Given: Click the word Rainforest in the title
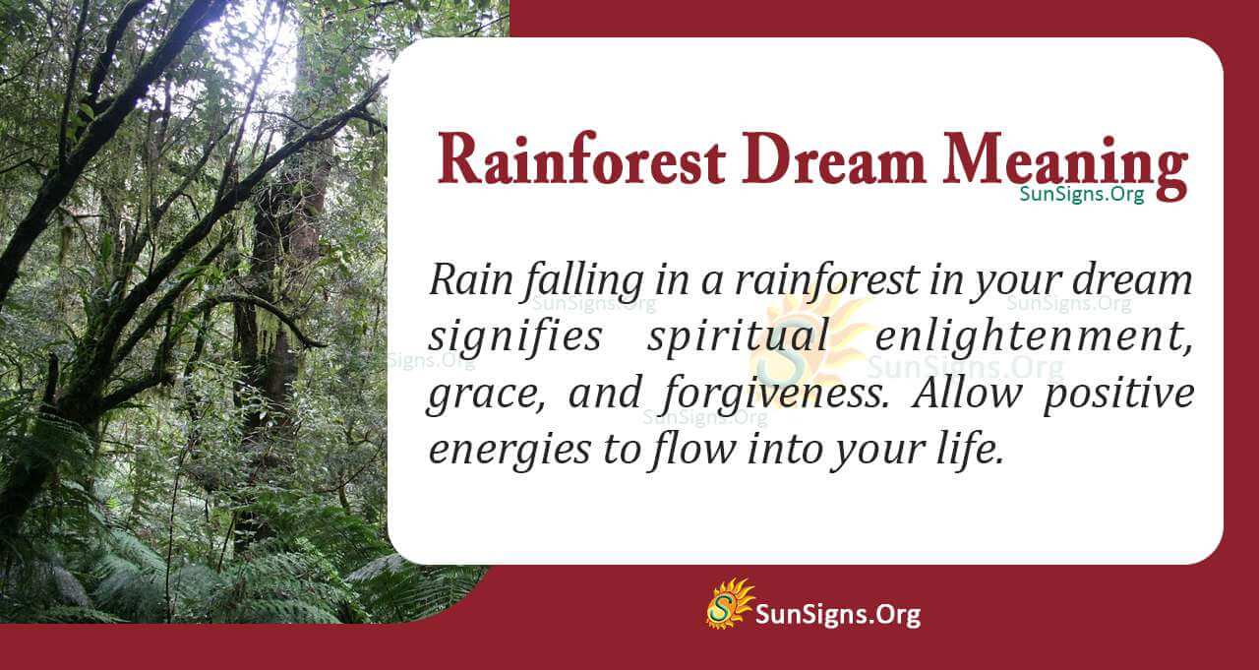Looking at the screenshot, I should (582, 160).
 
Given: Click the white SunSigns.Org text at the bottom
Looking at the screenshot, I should (837, 615).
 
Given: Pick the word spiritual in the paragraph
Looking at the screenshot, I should (738, 337).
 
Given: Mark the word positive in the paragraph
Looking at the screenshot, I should (1118, 394).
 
